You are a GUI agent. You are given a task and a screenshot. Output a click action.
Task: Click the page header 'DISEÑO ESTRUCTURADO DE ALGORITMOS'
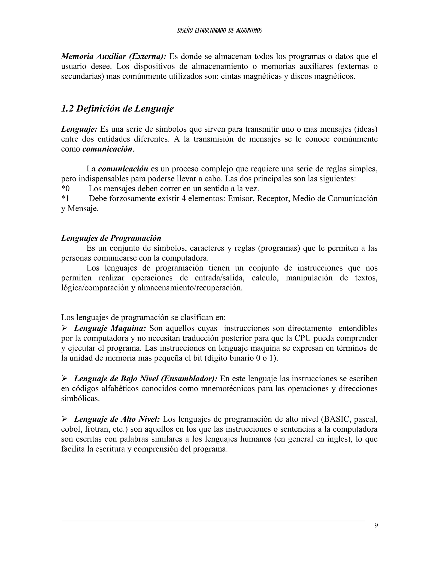click(219, 30)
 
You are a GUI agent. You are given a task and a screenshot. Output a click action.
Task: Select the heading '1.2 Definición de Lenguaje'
click(117, 109)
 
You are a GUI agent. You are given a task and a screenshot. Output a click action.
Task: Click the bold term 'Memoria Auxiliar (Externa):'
click(113, 56)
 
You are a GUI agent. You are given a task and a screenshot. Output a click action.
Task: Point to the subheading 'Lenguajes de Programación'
click(111, 238)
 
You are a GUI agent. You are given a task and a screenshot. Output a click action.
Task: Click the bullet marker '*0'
click(65, 188)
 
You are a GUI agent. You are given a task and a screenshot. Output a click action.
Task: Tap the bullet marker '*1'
click(65, 199)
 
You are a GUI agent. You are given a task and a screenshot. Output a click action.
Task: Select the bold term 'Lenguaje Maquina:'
click(110, 328)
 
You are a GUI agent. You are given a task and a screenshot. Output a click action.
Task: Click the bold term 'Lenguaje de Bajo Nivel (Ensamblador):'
click(146, 378)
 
